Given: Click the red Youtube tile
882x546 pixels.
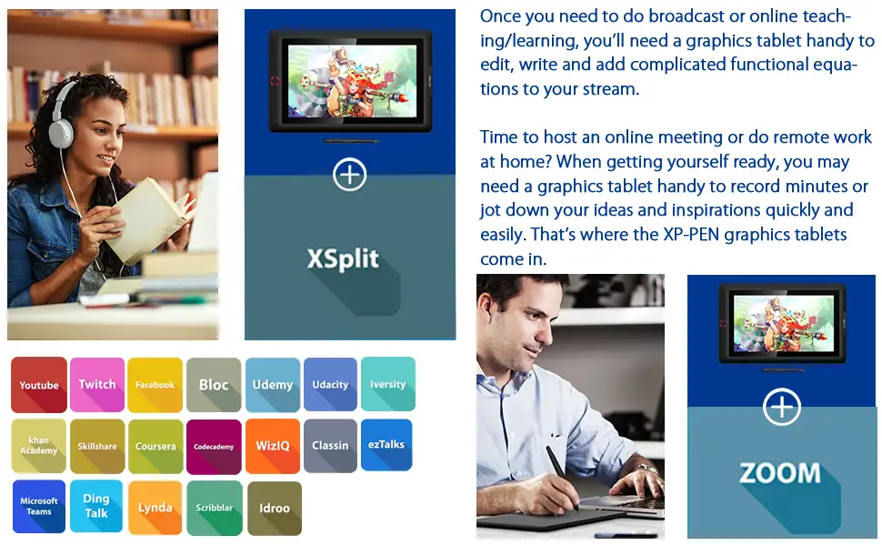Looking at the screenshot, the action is point(39,384).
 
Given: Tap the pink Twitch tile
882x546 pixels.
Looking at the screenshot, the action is point(97,384).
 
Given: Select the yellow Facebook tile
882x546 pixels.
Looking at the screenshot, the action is point(155,384).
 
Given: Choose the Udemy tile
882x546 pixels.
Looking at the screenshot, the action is point(273,384).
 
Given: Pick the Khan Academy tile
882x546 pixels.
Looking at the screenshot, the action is point(39,446).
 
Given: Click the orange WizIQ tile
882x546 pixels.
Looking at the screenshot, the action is point(273,446).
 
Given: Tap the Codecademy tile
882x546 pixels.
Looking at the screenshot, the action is point(214,447).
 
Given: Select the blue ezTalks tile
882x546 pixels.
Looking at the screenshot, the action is point(386,445).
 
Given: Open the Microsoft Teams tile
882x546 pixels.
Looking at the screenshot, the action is point(39,507).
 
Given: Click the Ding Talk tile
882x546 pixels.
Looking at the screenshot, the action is point(96,506).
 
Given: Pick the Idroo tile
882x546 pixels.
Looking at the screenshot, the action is point(275,509).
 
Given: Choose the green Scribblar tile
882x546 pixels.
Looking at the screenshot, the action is point(215,508).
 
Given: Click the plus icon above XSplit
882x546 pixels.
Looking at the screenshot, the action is point(350,175).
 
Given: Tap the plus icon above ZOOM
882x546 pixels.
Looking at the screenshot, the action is point(782,407).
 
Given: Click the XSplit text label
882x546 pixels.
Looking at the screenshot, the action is point(343,259).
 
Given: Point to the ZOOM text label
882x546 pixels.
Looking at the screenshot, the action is point(780,473).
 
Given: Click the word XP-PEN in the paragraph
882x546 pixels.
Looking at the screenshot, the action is point(691,234).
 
